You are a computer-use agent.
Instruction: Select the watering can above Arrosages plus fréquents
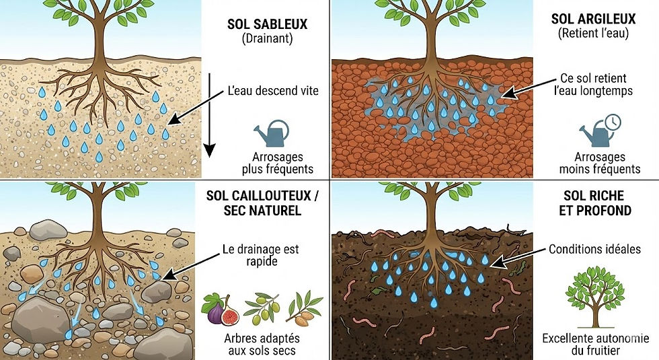[272, 132]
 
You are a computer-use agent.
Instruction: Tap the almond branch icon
[303, 306]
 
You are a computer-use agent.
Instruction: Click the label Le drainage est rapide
[261, 256]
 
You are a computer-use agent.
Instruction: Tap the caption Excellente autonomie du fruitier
[596, 344]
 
